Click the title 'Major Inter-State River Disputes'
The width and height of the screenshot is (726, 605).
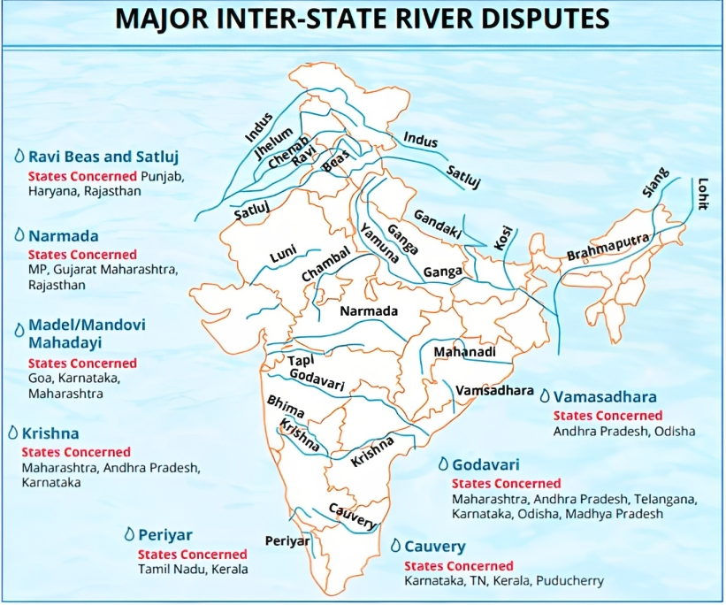[x=363, y=19]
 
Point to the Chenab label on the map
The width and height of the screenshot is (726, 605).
[x=295, y=151]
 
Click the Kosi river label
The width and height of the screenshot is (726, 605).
[x=502, y=241]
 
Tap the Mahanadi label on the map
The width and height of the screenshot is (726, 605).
[x=462, y=352]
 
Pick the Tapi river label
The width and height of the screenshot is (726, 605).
[x=301, y=362]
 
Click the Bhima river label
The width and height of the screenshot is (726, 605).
[x=286, y=407]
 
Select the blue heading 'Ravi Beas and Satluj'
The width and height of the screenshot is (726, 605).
[x=103, y=157]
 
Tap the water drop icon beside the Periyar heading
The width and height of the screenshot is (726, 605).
[x=129, y=535]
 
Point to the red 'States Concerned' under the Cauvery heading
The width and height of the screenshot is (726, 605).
[x=458, y=566]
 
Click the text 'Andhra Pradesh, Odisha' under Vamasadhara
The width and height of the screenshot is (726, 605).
[x=623, y=431]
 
